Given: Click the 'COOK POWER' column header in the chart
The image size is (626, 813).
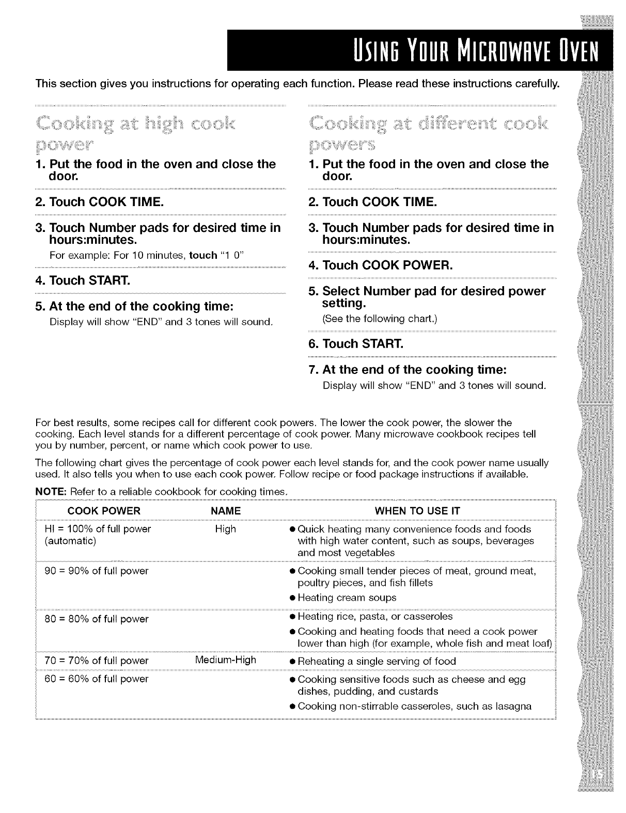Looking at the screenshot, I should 104,511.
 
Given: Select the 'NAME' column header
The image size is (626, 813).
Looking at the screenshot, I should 226,511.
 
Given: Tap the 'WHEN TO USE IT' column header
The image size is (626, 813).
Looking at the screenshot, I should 417,511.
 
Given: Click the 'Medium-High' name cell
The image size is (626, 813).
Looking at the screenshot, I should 226,660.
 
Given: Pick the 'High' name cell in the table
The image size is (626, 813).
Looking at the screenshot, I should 226,529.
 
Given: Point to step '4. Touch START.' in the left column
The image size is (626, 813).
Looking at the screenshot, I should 90,280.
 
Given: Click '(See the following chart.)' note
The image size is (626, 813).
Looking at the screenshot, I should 380,319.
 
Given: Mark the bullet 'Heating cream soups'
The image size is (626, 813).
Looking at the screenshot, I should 347,598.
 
